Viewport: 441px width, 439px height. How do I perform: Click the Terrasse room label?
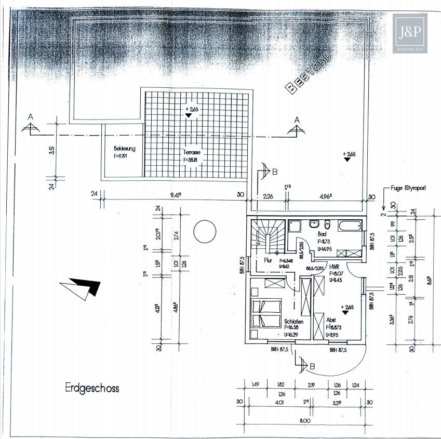(191, 153)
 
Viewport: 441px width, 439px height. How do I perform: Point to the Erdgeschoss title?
(92, 388)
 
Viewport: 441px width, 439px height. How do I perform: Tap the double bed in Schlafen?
(266, 312)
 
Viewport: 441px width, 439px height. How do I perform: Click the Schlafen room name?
(294, 321)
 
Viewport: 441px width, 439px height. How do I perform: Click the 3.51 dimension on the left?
(51, 151)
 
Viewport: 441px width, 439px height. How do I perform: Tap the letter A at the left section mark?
(31, 117)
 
